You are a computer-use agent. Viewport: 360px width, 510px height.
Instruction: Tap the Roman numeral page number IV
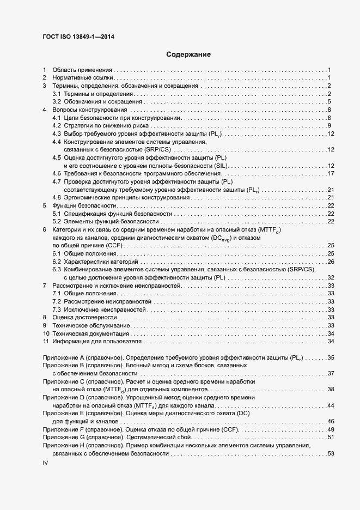coord(46,463)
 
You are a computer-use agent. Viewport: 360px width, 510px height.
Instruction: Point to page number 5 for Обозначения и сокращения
coord(330,102)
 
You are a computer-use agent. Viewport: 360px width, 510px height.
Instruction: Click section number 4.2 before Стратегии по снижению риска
coord(56,126)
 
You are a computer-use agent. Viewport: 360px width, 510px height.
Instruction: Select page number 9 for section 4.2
coord(330,126)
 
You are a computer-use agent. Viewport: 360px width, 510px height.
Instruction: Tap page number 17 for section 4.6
coord(330,173)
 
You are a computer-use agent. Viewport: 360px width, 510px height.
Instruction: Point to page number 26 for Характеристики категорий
coord(330,262)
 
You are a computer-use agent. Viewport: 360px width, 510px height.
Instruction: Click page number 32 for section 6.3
coord(330,278)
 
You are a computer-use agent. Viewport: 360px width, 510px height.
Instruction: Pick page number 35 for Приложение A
coord(330,357)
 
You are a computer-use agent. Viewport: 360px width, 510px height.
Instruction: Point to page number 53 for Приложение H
coord(330,453)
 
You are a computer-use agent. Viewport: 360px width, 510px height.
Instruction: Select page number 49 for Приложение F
coord(330,430)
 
